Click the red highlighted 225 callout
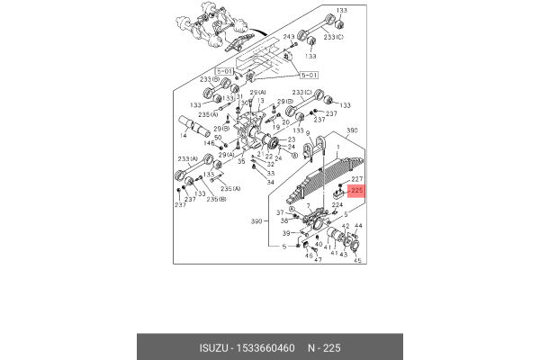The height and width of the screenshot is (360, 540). pos(355,192)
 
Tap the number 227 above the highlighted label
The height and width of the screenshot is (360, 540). pos(356,180)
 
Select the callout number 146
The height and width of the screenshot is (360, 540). pos(208,144)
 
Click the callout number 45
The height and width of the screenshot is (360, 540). pos(356,262)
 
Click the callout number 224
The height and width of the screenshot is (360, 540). pos(338,204)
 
